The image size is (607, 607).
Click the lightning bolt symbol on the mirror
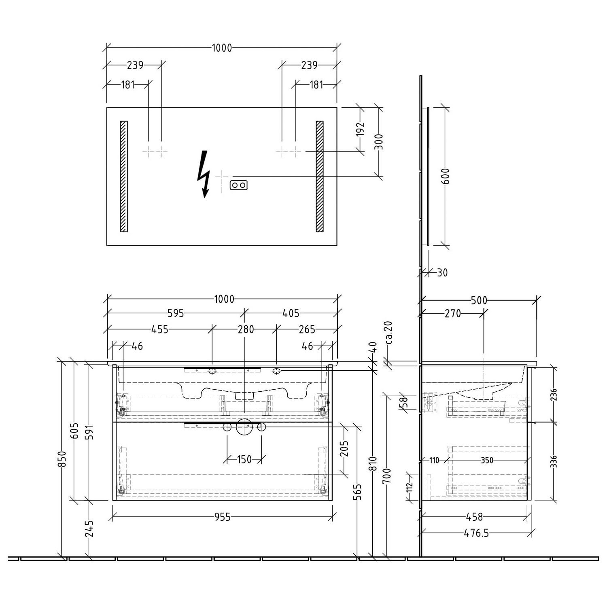204,174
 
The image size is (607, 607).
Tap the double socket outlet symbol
238,185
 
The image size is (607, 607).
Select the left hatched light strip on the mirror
124,176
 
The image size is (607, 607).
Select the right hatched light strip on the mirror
320,176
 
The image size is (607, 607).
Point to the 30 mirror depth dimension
442,273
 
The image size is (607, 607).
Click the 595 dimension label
176,313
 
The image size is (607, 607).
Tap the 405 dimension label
291,313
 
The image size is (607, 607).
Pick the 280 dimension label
246,329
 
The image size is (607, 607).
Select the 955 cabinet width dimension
223,517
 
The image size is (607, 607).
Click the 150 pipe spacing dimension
244,459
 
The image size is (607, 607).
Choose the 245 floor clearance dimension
89,528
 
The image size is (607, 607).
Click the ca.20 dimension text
388,333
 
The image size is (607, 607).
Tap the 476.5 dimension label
476,533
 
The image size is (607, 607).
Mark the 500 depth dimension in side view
479,300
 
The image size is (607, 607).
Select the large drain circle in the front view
244,428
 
